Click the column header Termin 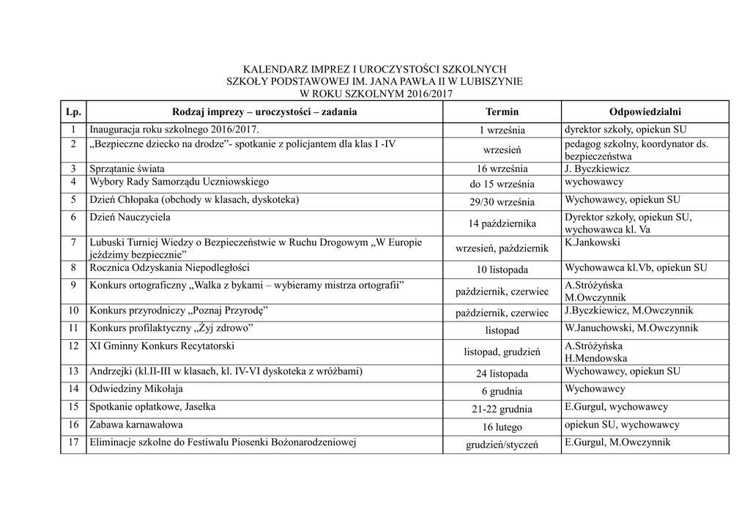502,112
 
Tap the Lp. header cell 73,112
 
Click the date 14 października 502,223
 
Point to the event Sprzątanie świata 127,168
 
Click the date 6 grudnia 502,391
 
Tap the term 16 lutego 502,426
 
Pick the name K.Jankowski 593,242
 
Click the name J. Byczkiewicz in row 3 597,168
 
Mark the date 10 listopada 502,270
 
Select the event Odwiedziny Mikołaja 136,389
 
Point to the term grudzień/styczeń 502,445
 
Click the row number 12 73,346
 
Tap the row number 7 73,242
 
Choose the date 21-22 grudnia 502,409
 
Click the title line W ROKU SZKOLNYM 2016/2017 375,94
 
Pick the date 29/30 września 502,202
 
